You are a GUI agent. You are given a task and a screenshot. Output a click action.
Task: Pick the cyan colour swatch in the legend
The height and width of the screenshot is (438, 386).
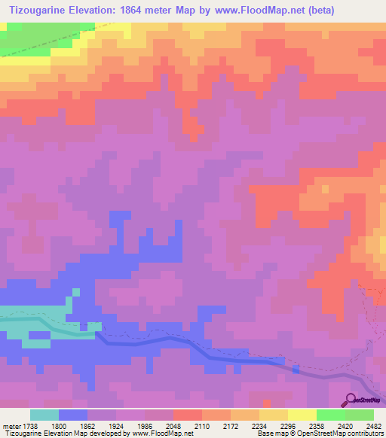click(x=44, y=415)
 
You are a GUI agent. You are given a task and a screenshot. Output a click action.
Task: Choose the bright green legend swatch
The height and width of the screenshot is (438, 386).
click(x=330, y=415)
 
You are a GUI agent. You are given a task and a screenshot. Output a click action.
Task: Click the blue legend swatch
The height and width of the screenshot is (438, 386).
click(x=73, y=415)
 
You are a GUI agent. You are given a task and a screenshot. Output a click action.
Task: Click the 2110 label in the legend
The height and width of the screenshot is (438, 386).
click(x=201, y=426)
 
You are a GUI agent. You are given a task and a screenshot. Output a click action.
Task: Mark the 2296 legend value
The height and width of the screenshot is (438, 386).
click(x=286, y=426)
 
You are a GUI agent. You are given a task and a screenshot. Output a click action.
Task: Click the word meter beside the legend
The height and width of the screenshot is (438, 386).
click(x=13, y=426)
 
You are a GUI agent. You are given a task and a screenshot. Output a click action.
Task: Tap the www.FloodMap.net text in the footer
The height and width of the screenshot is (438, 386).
click(x=161, y=434)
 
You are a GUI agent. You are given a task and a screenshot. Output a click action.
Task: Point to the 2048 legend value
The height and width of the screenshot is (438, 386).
click(x=173, y=426)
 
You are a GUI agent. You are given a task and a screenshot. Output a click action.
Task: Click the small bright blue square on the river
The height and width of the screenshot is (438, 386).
click(x=296, y=370)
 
